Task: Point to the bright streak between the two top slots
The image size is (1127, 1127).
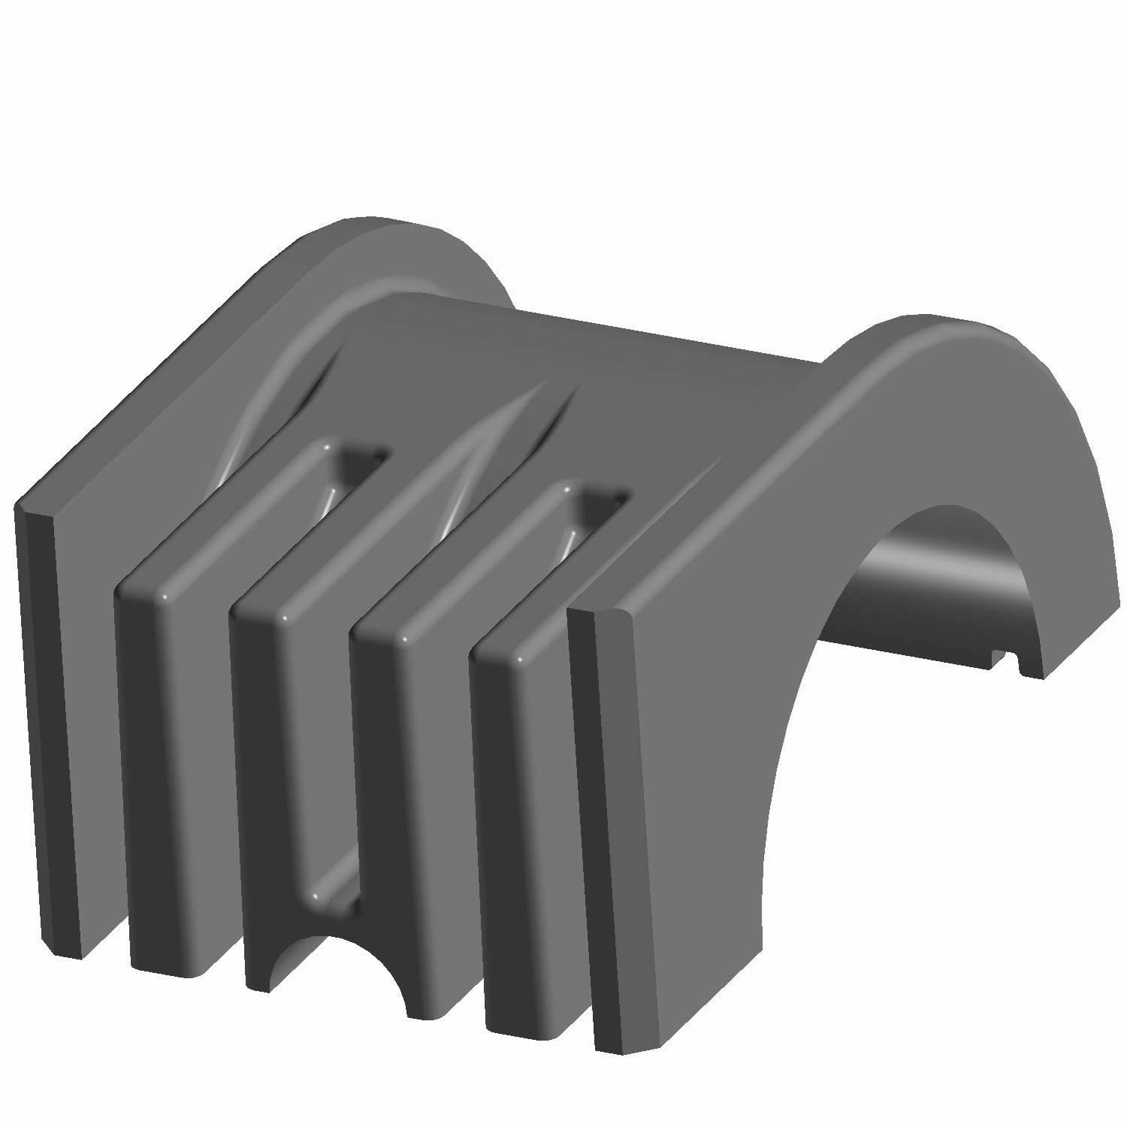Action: (x=458, y=481)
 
